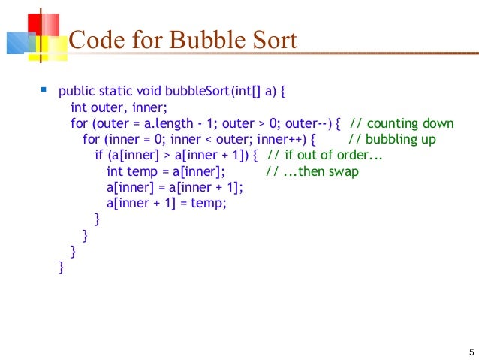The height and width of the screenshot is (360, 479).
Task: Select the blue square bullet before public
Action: pyautogui.click(x=43, y=92)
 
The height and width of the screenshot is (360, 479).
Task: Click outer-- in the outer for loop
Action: pyautogui.click(x=313, y=124)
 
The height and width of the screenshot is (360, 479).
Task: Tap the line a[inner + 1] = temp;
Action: pyautogui.click(x=166, y=203)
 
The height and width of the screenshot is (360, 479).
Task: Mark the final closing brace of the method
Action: pyautogui.click(x=61, y=266)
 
